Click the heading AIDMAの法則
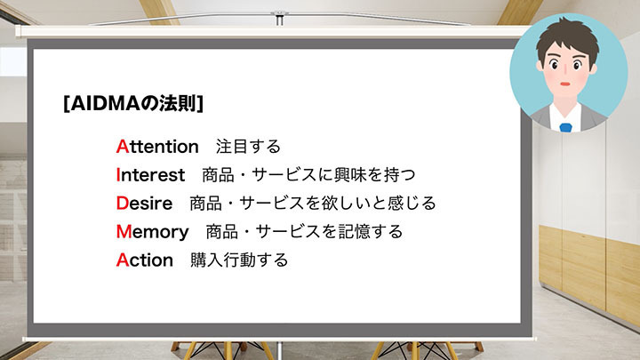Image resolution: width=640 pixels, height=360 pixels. point(133,104)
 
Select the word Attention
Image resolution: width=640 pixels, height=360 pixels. point(157,147)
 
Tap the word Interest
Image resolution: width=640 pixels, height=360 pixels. point(150,175)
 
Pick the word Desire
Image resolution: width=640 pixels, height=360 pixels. point(145,204)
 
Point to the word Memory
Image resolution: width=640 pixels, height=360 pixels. point(153,232)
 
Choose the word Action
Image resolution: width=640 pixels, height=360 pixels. point(145,260)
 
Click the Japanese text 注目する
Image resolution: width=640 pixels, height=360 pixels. point(248,147)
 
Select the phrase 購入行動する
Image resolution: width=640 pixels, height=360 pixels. point(239,260)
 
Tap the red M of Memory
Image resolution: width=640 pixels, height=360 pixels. point(124,232)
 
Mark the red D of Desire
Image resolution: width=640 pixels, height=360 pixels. point(123,204)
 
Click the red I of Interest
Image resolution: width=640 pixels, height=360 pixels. point(118,175)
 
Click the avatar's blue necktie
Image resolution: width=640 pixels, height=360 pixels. point(565,127)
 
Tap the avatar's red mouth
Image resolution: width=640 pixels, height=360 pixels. point(565,84)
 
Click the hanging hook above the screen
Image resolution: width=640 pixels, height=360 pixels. point(279,18)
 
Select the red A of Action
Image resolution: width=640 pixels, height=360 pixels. point(123,260)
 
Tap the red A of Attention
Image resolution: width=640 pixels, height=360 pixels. point(123,147)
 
